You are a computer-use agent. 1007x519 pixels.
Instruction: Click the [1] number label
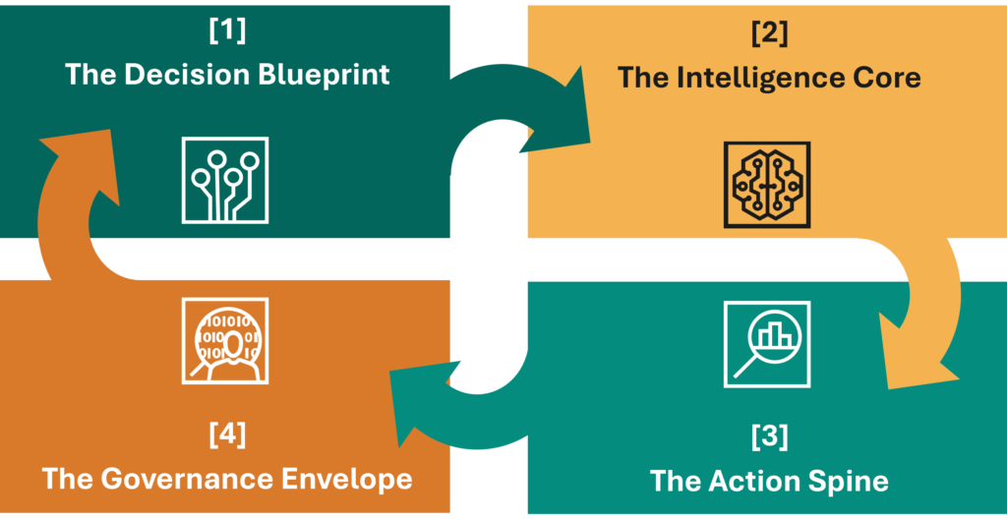click(x=227, y=30)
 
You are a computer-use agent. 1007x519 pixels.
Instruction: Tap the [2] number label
click(x=769, y=33)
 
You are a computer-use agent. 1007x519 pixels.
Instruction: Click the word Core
click(x=882, y=78)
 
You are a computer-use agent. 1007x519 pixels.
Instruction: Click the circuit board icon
click(x=225, y=179)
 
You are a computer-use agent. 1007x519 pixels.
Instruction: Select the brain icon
click(x=766, y=184)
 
